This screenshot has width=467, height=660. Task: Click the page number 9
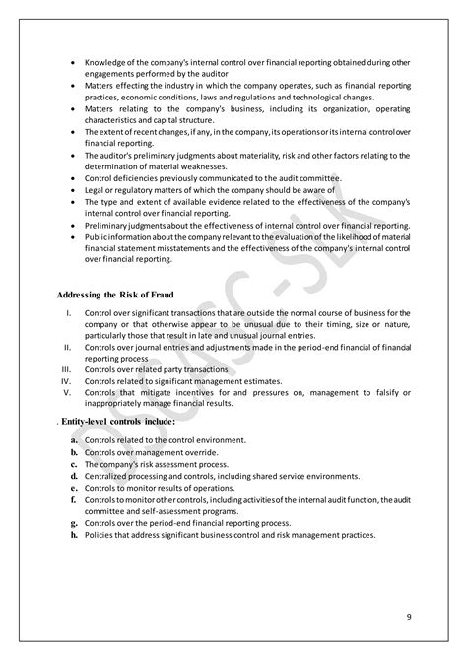(x=408, y=618)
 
